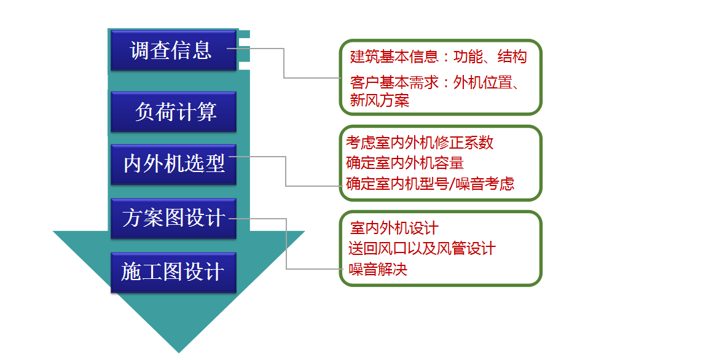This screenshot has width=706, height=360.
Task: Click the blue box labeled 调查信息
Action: (173, 50)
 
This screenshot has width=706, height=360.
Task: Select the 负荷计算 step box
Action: (173, 112)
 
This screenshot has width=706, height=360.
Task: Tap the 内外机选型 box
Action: (173, 164)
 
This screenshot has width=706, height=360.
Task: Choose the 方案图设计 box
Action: (173, 218)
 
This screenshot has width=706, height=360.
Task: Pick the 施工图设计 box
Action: (173, 272)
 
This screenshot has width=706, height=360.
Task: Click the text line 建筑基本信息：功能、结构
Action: (438, 57)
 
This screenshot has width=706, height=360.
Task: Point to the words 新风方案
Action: (380, 100)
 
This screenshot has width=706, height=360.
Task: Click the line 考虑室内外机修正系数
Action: (420, 143)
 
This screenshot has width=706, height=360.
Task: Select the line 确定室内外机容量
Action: (405, 163)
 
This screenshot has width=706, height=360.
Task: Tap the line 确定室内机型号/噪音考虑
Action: (430, 184)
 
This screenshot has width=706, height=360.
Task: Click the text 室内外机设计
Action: (394, 228)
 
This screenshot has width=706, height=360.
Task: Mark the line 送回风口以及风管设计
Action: (422, 249)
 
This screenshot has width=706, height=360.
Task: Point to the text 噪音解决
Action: (378, 270)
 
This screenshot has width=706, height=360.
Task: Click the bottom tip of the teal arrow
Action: (179, 353)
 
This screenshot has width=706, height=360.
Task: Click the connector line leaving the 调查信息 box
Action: (284, 63)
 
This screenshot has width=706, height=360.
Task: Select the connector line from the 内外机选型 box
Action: (286, 171)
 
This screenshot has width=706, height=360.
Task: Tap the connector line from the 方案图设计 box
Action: (286, 244)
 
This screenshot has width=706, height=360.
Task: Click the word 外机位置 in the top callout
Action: (483, 83)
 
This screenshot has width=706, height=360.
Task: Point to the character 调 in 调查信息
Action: (139, 50)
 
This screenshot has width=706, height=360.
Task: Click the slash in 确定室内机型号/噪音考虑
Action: (452, 184)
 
